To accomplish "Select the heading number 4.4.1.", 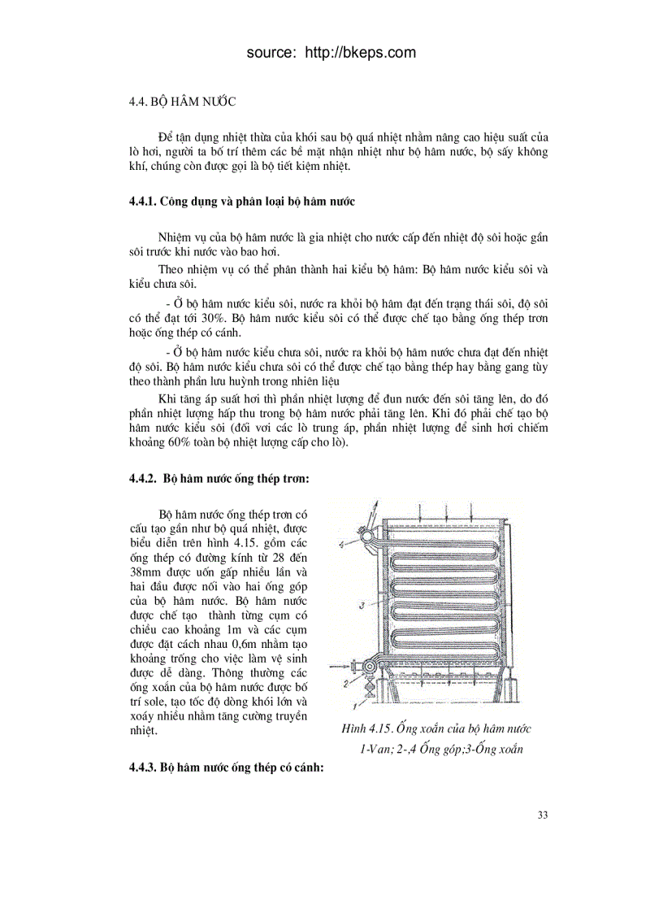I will pos(144,200).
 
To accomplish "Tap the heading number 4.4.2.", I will pos(144,480).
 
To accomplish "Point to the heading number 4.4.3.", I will pos(144,767).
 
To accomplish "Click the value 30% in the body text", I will pos(184,318).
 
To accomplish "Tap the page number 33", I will pos(543,815).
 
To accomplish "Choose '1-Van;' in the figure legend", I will pos(379,750).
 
